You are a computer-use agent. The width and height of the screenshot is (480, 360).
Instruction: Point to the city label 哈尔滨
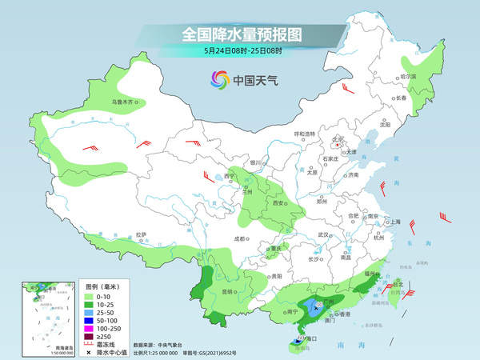click(409, 77)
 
